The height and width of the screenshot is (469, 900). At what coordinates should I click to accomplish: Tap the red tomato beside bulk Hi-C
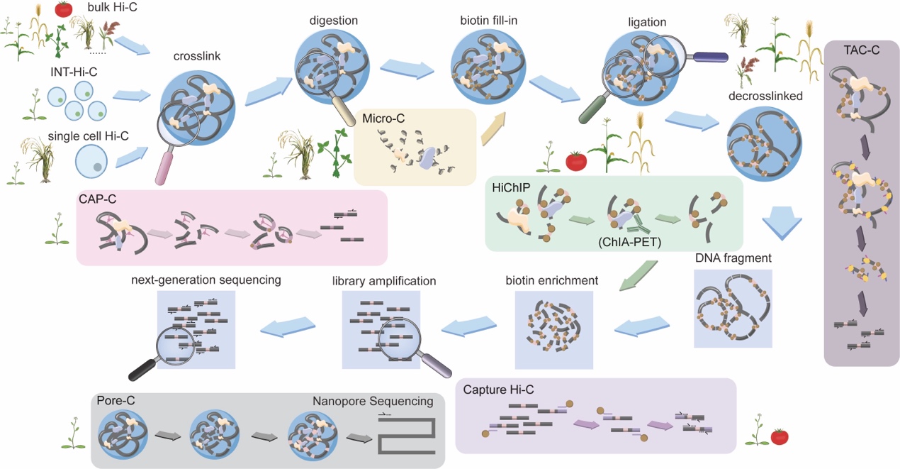point(64,9)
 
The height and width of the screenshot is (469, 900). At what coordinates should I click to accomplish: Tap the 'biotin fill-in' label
point(488,20)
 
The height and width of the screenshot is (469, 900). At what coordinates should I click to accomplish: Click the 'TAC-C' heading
point(862,51)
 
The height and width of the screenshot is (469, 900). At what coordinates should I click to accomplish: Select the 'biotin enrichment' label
point(552,280)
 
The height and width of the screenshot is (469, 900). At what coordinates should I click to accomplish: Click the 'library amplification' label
point(383,281)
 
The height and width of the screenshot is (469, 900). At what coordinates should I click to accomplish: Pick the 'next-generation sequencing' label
point(206,280)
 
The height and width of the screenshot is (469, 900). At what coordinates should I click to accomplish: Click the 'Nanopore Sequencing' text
point(373,402)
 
